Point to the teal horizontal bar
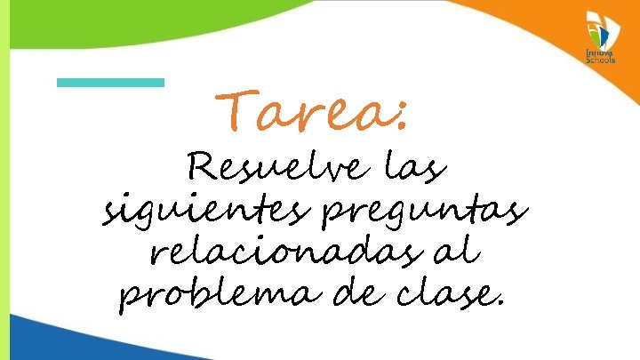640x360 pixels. [x=110, y=82]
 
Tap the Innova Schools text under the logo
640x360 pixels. [x=599, y=57]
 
